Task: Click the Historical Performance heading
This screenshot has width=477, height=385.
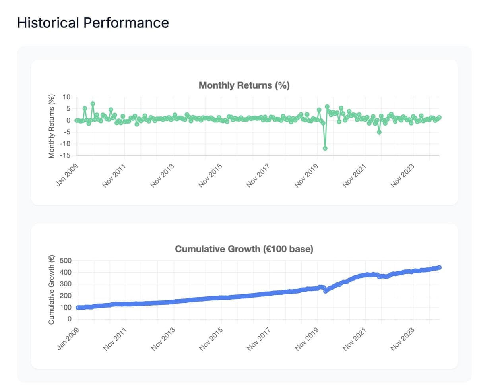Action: [93, 23]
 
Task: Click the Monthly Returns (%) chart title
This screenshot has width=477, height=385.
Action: [244, 85]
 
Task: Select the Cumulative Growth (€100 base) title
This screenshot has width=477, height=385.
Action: [244, 249]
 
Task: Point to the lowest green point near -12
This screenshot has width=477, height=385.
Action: [325, 148]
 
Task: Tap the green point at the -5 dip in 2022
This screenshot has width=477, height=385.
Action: [379, 132]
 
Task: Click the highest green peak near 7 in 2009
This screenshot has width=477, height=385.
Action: [93, 103]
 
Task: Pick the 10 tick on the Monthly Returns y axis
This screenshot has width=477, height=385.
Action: [66, 97]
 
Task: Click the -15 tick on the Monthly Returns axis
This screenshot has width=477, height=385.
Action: [65, 155]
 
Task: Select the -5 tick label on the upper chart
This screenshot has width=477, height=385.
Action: [66, 132]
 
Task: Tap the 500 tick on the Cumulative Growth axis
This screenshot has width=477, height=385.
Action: [65, 261]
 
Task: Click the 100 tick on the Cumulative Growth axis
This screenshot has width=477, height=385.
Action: [65, 308]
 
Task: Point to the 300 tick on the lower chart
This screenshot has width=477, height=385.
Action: [65, 284]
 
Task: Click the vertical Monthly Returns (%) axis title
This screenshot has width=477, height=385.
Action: [51, 126]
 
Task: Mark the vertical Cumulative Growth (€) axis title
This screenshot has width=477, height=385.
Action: [51, 290]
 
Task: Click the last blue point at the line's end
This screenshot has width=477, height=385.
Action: [439, 267]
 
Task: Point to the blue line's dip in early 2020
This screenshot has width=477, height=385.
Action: [326, 291]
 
